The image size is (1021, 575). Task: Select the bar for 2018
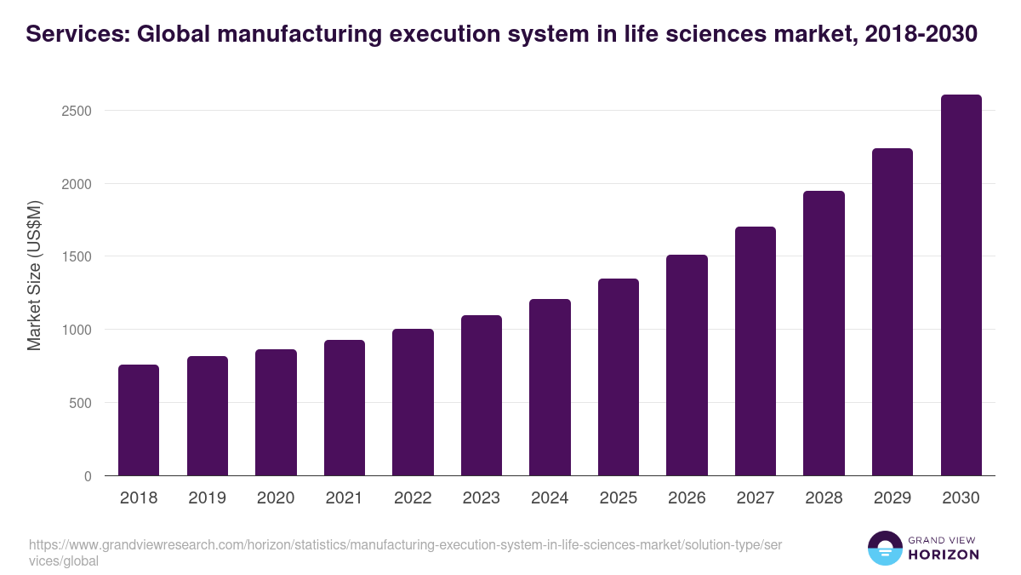coord(139,420)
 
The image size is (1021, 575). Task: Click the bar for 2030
coord(961,285)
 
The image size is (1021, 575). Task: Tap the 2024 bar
coord(550,388)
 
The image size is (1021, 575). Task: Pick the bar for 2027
coord(755,351)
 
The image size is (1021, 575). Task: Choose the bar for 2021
coord(344,408)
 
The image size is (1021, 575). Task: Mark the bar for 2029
coord(892,312)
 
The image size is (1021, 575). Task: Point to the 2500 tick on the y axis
coord(79,111)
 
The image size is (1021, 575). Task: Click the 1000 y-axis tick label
coord(79,330)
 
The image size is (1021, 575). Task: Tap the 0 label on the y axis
coord(88,476)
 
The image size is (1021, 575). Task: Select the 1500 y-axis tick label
coord(79,256)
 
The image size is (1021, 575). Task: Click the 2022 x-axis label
coord(413,498)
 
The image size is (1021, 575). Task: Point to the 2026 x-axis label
coord(687,498)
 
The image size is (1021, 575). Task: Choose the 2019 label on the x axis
coord(207,498)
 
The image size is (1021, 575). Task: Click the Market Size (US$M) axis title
coord(34,275)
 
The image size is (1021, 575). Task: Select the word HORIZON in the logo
coord(944,555)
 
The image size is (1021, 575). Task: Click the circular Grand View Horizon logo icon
coord(884,548)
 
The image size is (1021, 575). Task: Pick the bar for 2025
coord(618,377)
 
